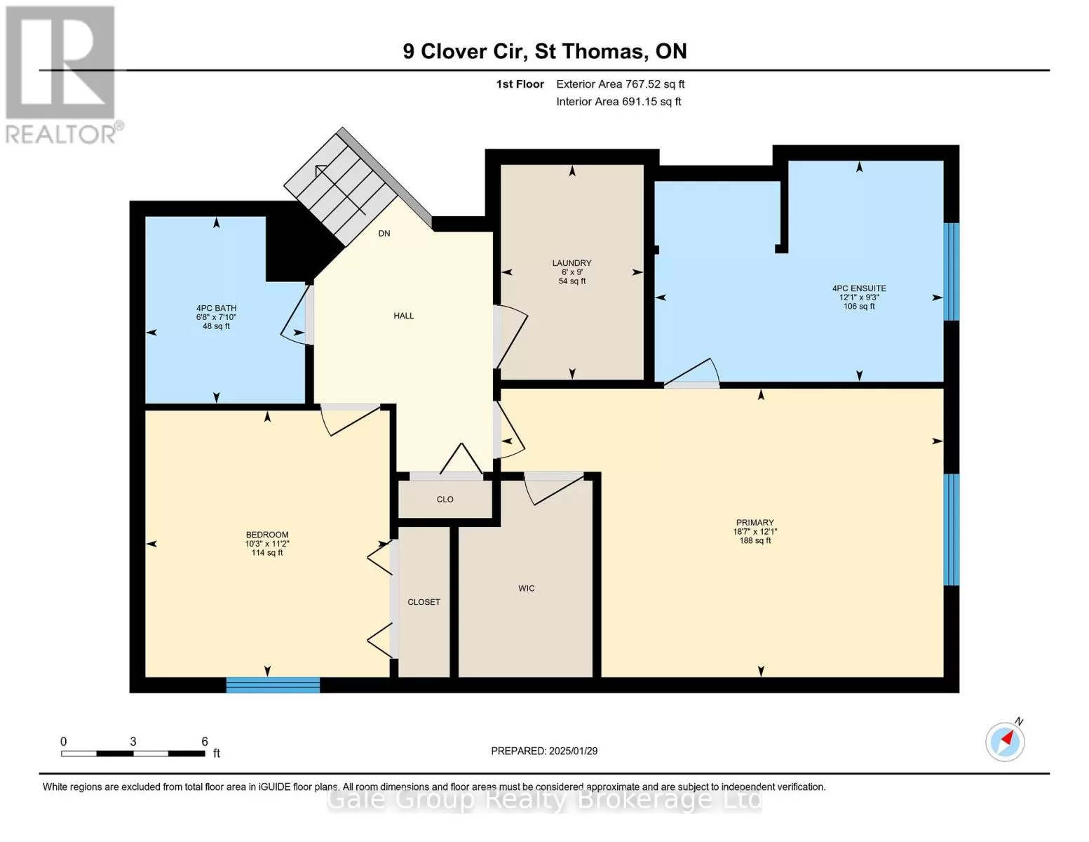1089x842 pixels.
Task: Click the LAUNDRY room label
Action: [571, 263]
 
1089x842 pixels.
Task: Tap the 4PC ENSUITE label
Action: [859, 288]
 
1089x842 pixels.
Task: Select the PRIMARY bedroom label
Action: [755, 522]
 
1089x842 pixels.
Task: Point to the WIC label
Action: [526, 588]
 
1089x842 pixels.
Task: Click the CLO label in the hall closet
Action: [445, 500]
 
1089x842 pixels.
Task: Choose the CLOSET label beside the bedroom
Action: [424, 602]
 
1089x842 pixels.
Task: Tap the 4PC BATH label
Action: [216, 309]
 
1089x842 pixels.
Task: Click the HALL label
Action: [403, 316]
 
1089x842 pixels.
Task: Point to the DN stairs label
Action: [384, 234]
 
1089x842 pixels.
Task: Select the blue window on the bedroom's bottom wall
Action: [273, 685]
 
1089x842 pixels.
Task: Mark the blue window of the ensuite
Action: [951, 272]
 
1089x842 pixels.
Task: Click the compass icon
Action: [1005, 742]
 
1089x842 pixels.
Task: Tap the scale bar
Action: [133, 753]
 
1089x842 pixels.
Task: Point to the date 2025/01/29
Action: [574, 751]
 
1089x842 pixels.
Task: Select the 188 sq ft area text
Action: [755, 540]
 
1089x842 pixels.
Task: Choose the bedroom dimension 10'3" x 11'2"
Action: [267, 544]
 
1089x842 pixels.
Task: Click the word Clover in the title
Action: [454, 52]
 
